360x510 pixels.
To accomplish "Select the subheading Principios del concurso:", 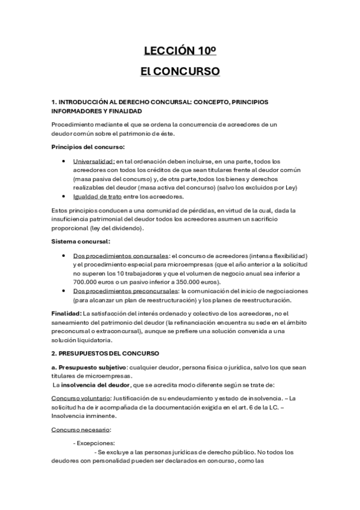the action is (x=88, y=147).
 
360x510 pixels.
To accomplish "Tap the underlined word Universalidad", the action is (x=94, y=161).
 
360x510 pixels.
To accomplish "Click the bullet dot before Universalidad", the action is (x=64, y=161).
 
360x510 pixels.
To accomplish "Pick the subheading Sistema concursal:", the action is (x=81, y=242).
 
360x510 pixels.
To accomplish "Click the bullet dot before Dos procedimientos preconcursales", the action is (x=64, y=291).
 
